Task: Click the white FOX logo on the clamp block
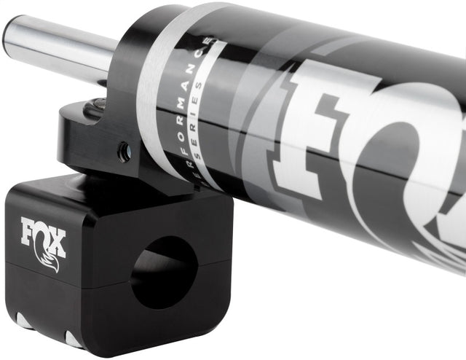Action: click(x=43, y=234)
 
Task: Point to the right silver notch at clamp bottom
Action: click(x=74, y=340)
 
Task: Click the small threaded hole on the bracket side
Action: click(x=125, y=152)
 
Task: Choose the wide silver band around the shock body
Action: click(x=157, y=87)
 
